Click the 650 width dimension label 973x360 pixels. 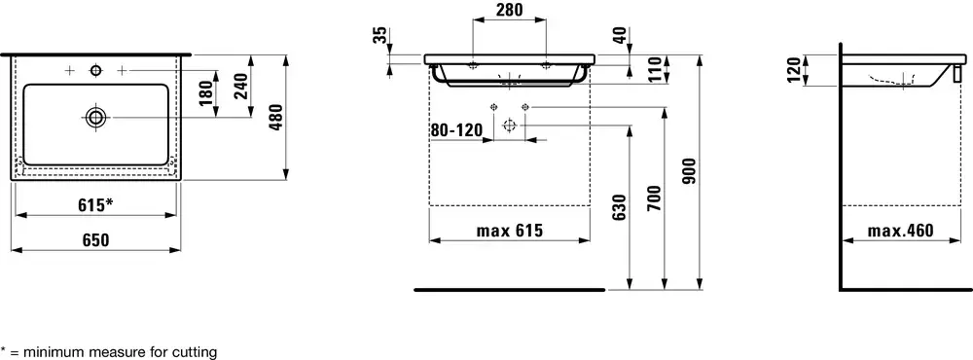[x=95, y=239]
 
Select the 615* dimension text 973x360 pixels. [x=95, y=205]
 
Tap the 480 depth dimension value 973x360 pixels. [x=276, y=118]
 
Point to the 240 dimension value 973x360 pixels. [x=241, y=86]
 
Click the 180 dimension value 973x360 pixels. [x=206, y=93]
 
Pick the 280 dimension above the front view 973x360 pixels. [x=510, y=10]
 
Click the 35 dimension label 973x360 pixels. [x=381, y=35]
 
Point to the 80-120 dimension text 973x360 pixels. [x=456, y=130]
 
